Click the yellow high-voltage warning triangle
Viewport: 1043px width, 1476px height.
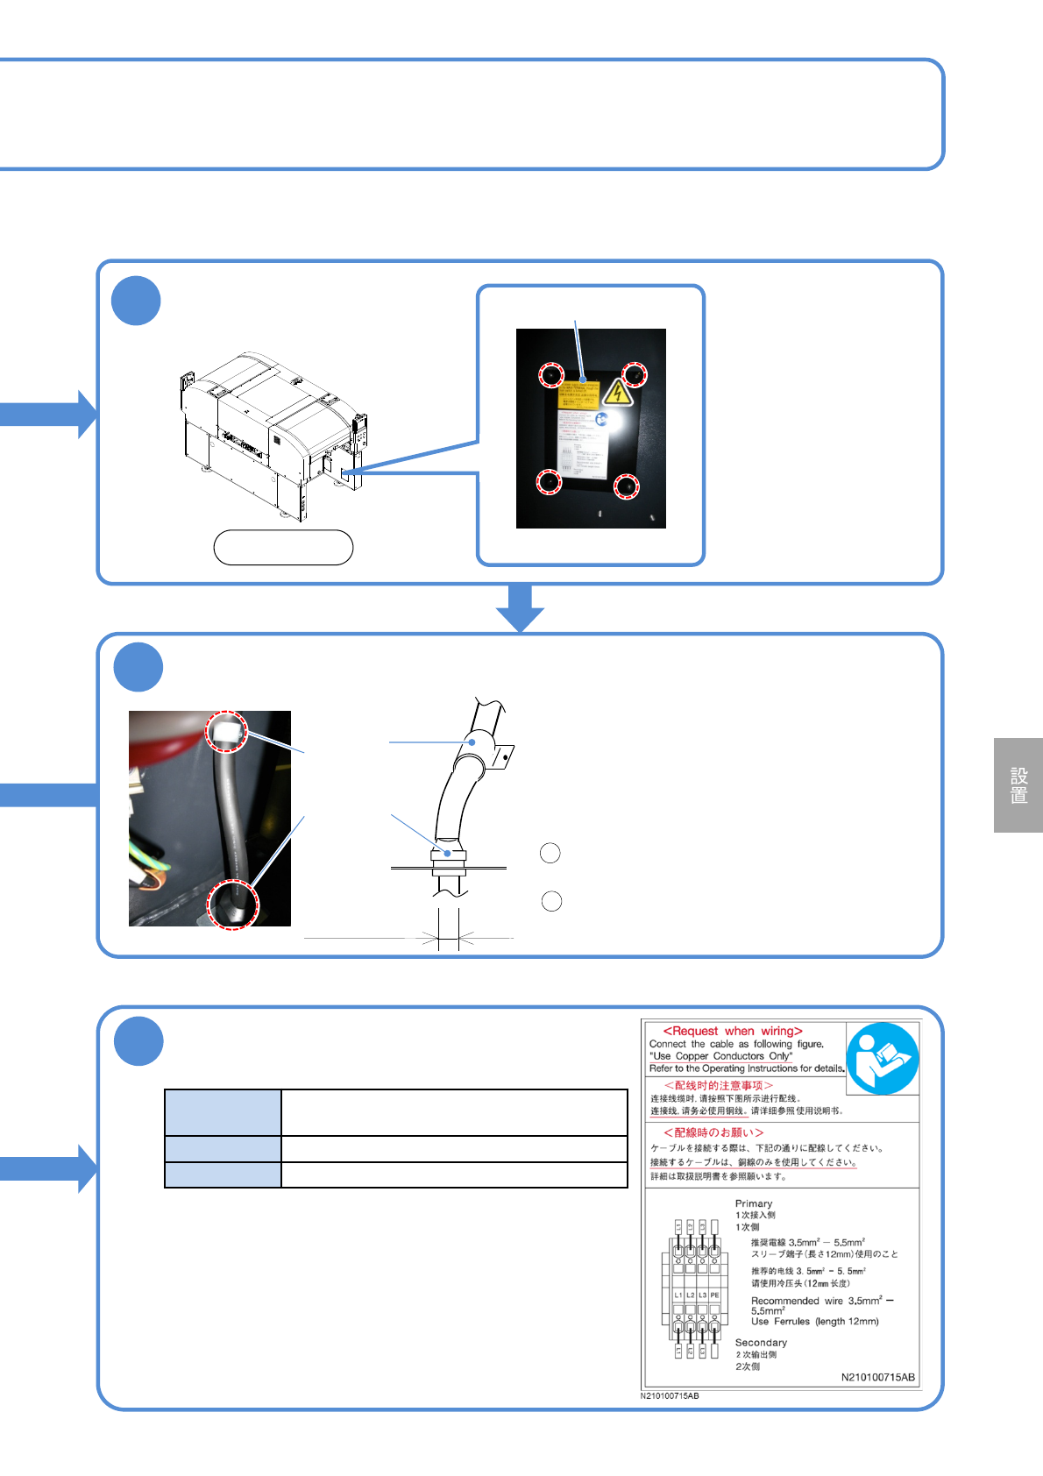[619, 394]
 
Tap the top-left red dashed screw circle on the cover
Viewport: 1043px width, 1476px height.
[550, 375]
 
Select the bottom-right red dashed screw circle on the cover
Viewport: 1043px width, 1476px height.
[626, 486]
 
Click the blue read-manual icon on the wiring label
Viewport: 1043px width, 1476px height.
[882, 1058]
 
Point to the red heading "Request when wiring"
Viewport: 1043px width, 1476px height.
[733, 1031]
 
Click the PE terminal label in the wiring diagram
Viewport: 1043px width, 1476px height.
[714, 1295]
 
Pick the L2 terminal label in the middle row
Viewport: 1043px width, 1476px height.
[690, 1295]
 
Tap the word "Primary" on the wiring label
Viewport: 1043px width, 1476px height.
[754, 1203]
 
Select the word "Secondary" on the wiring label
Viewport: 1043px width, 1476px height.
[761, 1342]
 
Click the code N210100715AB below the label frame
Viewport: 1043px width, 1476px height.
[670, 1395]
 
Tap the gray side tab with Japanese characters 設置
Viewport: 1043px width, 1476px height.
[1018, 785]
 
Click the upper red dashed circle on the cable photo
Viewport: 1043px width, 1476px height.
[226, 731]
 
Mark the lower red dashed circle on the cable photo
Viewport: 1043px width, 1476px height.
[232, 904]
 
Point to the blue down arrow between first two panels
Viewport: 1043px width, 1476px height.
[520, 607]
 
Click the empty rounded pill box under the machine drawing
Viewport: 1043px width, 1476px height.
[283, 547]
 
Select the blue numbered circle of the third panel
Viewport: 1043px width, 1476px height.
[138, 1041]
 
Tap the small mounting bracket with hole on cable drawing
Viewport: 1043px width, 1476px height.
[504, 756]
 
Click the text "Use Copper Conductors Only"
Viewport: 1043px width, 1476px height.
[720, 1056]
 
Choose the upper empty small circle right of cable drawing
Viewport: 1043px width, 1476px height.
[550, 853]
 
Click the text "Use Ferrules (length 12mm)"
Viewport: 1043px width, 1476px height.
[814, 1321]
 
